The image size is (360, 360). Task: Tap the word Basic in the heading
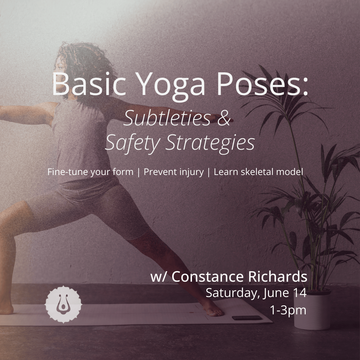coord(89,84)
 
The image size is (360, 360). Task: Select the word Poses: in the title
coord(262,84)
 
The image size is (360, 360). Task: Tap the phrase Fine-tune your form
coord(90,172)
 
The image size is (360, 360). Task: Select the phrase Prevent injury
coord(174,172)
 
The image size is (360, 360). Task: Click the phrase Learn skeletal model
coord(259,172)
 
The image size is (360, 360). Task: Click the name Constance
coord(208,276)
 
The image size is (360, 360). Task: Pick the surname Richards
coord(278,276)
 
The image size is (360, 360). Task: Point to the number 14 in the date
coord(300,293)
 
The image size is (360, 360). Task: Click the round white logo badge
coord(63,304)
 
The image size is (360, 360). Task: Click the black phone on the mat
coord(247,318)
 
